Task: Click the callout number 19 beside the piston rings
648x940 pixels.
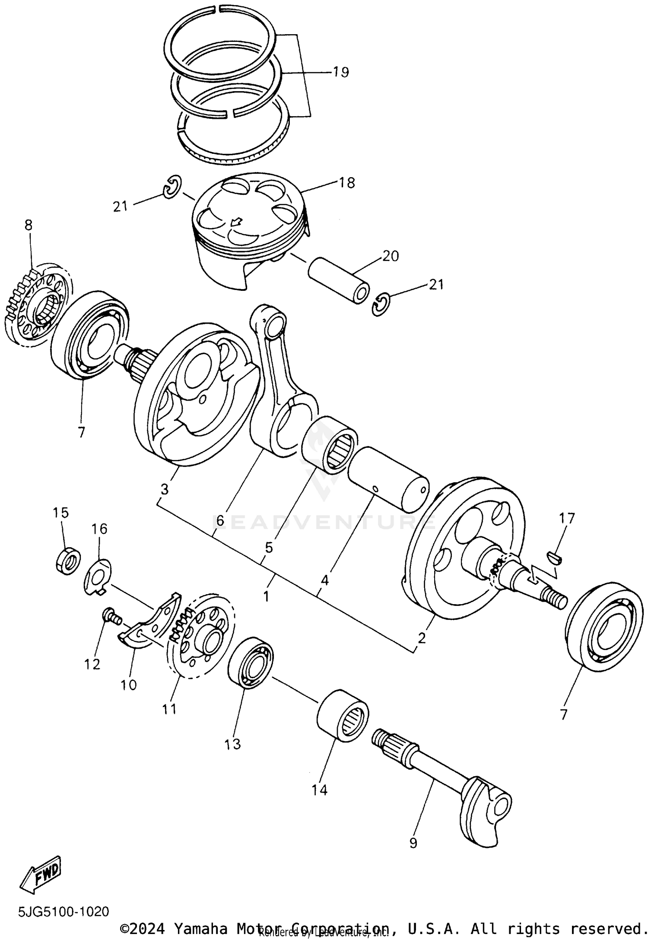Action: [x=341, y=72]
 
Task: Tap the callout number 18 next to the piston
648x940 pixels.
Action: [x=347, y=183]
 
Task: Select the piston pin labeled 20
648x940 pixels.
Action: [x=339, y=280]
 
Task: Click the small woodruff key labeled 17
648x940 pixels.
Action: [x=555, y=558]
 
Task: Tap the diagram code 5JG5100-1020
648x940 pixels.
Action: [x=64, y=912]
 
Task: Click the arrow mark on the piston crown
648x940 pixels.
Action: [x=235, y=223]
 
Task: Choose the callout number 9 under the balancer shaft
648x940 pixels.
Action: [x=413, y=843]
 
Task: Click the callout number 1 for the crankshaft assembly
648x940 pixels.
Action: [x=266, y=596]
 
